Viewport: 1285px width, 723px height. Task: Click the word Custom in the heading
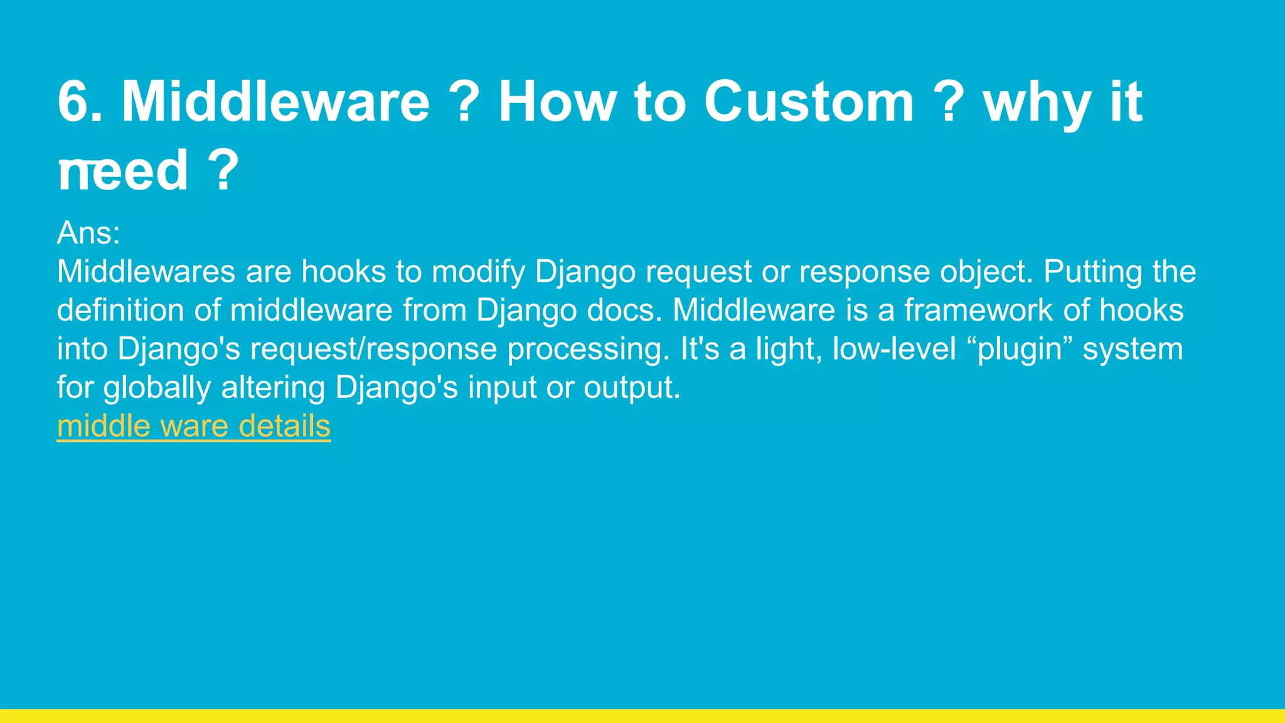[x=809, y=102]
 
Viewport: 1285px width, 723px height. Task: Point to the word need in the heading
[x=123, y=171]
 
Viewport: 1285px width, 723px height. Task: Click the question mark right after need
[x=223, y=171]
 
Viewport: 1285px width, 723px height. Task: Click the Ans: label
[x=88, y=233]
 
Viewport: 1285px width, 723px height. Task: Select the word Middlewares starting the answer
[x=146, y=272]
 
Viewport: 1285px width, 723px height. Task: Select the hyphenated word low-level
[x=894, y=349]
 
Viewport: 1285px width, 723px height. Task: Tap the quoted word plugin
[x=1020, y=349]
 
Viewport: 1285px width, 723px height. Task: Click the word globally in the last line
[x=157, y=388]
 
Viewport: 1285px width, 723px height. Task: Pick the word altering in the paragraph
[x=273, y=388]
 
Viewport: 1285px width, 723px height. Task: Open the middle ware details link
[x=193, y=426]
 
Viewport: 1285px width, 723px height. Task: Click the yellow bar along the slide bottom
[x=642, y=716]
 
